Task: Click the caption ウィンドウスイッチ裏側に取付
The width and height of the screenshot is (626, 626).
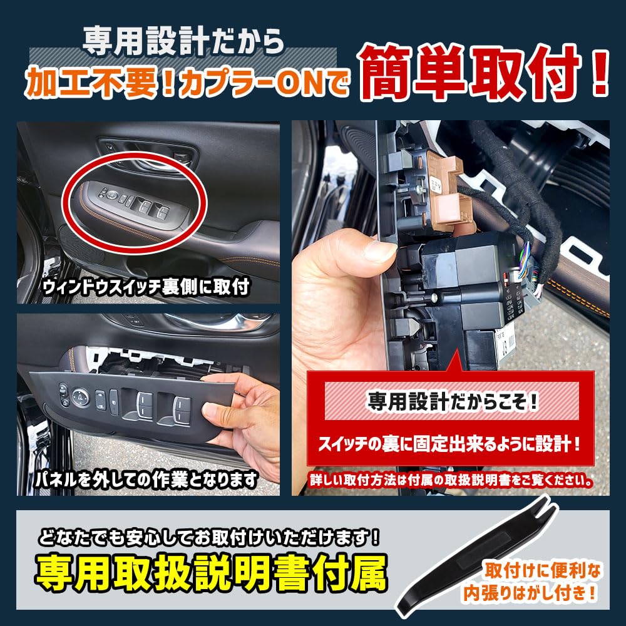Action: (146, 287)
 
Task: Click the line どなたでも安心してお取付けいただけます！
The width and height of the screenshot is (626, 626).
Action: (209, 536)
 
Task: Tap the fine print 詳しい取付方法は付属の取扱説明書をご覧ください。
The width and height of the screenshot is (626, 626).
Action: (451, 481)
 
